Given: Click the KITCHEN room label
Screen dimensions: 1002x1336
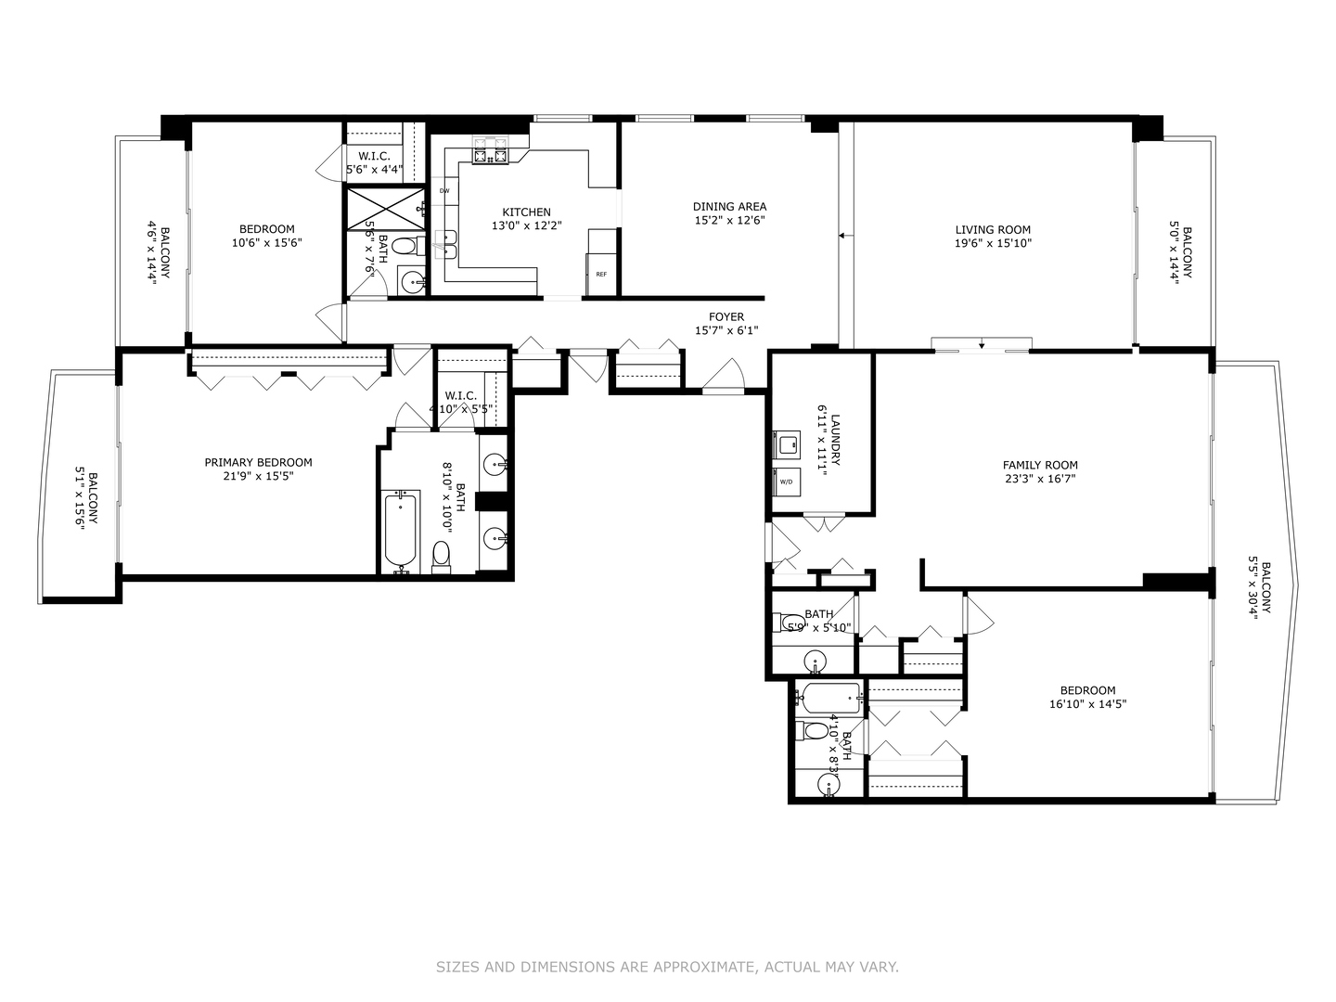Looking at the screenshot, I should [526, 212].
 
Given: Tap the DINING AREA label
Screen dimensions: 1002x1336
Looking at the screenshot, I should [729, 207].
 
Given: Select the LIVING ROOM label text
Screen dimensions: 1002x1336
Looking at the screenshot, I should [993, 230].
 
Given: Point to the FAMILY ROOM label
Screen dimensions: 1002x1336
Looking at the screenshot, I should [1040, 466].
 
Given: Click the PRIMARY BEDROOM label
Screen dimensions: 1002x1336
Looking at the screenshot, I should [258, 463].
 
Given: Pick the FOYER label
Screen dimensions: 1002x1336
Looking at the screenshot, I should [726, 317].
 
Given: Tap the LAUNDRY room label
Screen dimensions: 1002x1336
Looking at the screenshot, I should [835, 440].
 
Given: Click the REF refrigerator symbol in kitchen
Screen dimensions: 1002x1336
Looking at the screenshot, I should [601, 274].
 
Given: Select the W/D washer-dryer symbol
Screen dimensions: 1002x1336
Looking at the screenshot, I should [787, 482].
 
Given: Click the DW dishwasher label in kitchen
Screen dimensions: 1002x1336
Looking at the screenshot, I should [444, 191].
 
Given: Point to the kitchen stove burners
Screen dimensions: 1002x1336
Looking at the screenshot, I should [491, 151].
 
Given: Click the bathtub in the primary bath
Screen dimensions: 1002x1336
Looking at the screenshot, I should [402, 533].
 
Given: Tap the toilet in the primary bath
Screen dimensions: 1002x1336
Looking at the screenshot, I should [441, 557].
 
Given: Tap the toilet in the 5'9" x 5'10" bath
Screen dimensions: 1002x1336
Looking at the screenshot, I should [790, 622].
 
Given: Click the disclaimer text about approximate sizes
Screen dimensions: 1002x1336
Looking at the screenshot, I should [667, 967].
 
